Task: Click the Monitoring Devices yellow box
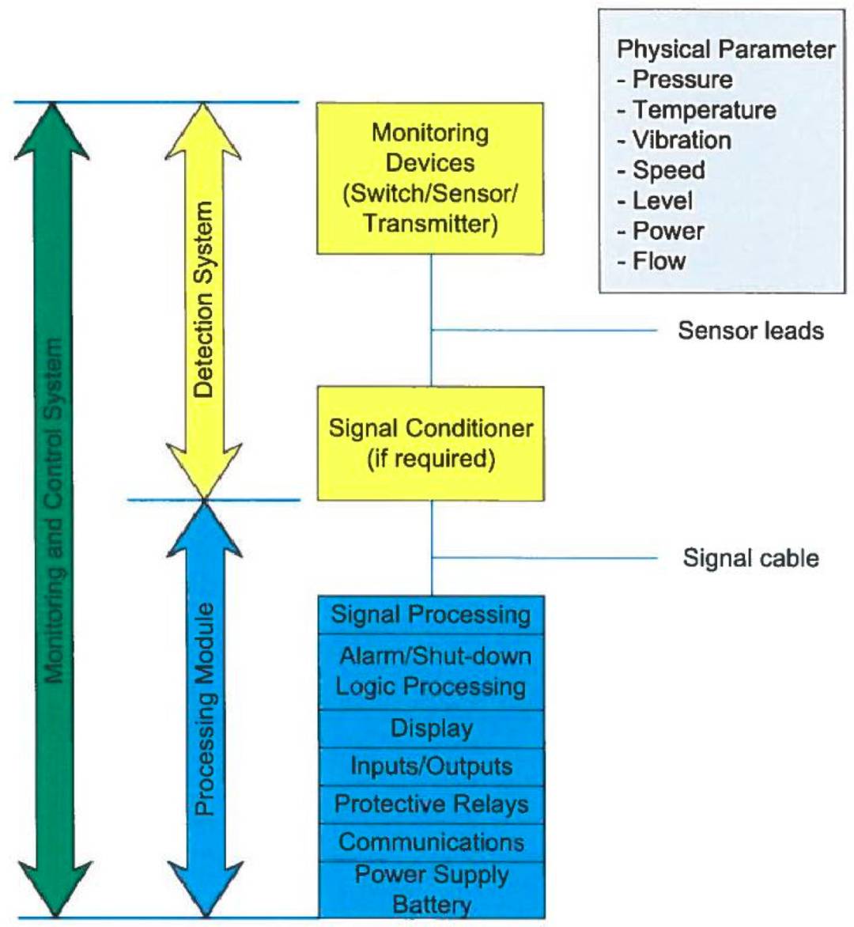pos(430,178)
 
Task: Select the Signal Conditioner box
pos(430,443)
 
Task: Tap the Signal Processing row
pos(431,615)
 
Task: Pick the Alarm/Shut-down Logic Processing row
pos(431,672)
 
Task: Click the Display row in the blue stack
pos(431,728)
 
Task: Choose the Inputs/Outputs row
pos(431,766)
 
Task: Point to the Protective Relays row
pos(431,804)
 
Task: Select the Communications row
pos(431,842)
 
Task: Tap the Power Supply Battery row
pos(431,889)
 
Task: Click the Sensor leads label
pos(750,331)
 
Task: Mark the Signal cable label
pos(750,558)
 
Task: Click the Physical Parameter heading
pos(726,49)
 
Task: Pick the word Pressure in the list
pos(682,79)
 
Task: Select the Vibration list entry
pos(682,140)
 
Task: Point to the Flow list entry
pos(659,261)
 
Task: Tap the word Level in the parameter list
pos(663,201)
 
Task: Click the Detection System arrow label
pos(204,299)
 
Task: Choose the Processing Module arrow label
pos(205,709)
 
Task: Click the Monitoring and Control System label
pos(54,510)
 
